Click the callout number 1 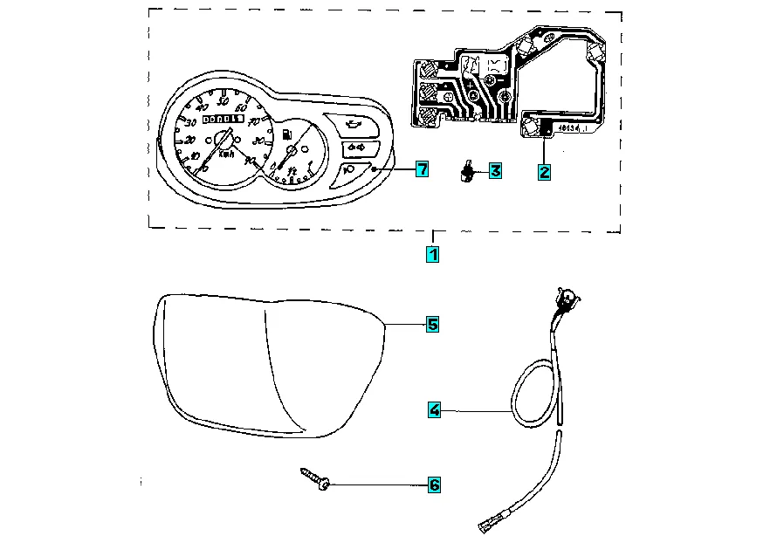pos(431,255)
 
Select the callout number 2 pos(544,172)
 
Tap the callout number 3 pos(495,171)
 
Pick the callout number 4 pos(434,409)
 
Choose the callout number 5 pos(432,325)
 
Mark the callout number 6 pos(434,484)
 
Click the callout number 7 pos(422,169)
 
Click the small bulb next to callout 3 pos(468,172)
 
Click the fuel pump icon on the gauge pos(285,134)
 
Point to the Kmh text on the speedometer pos(226,154)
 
